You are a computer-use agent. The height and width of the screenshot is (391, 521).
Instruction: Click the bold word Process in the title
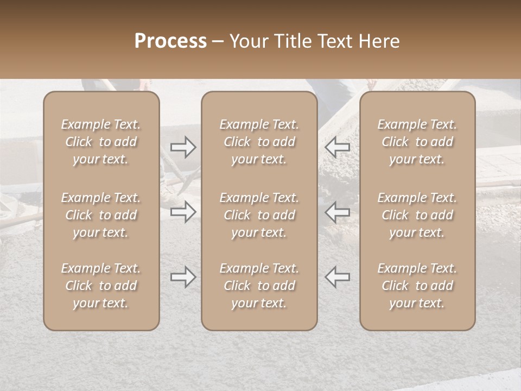coord(170,41)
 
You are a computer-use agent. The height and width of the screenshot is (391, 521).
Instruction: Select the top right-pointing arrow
coord(183,147)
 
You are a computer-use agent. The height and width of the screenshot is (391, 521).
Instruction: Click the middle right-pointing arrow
coord(183,211)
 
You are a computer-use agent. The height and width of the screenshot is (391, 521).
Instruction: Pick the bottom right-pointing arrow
coord(183,277)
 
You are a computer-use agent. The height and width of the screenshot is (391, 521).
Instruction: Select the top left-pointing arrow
coord(337,147)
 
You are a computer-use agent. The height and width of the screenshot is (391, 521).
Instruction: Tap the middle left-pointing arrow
coord(337,211)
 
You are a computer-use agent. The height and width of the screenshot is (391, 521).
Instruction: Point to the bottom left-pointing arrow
coord(337,277)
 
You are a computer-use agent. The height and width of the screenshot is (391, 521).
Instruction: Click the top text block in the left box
coord(101,142)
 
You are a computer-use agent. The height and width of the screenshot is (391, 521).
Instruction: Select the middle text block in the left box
coord(101,215)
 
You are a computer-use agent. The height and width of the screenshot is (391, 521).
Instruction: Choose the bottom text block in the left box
coord(101,286)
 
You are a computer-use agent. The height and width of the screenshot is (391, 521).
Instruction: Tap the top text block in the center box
coord(259,142)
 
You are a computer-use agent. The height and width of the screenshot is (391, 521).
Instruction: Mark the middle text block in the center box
coord(259,215)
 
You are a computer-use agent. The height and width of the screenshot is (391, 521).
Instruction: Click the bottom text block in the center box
coord(259,286)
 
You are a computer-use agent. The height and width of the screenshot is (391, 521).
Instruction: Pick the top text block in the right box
coord(417,142)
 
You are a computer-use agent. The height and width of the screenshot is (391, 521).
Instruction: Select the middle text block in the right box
coord(417,215)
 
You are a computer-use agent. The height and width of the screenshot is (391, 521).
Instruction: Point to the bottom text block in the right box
coord(417,286)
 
